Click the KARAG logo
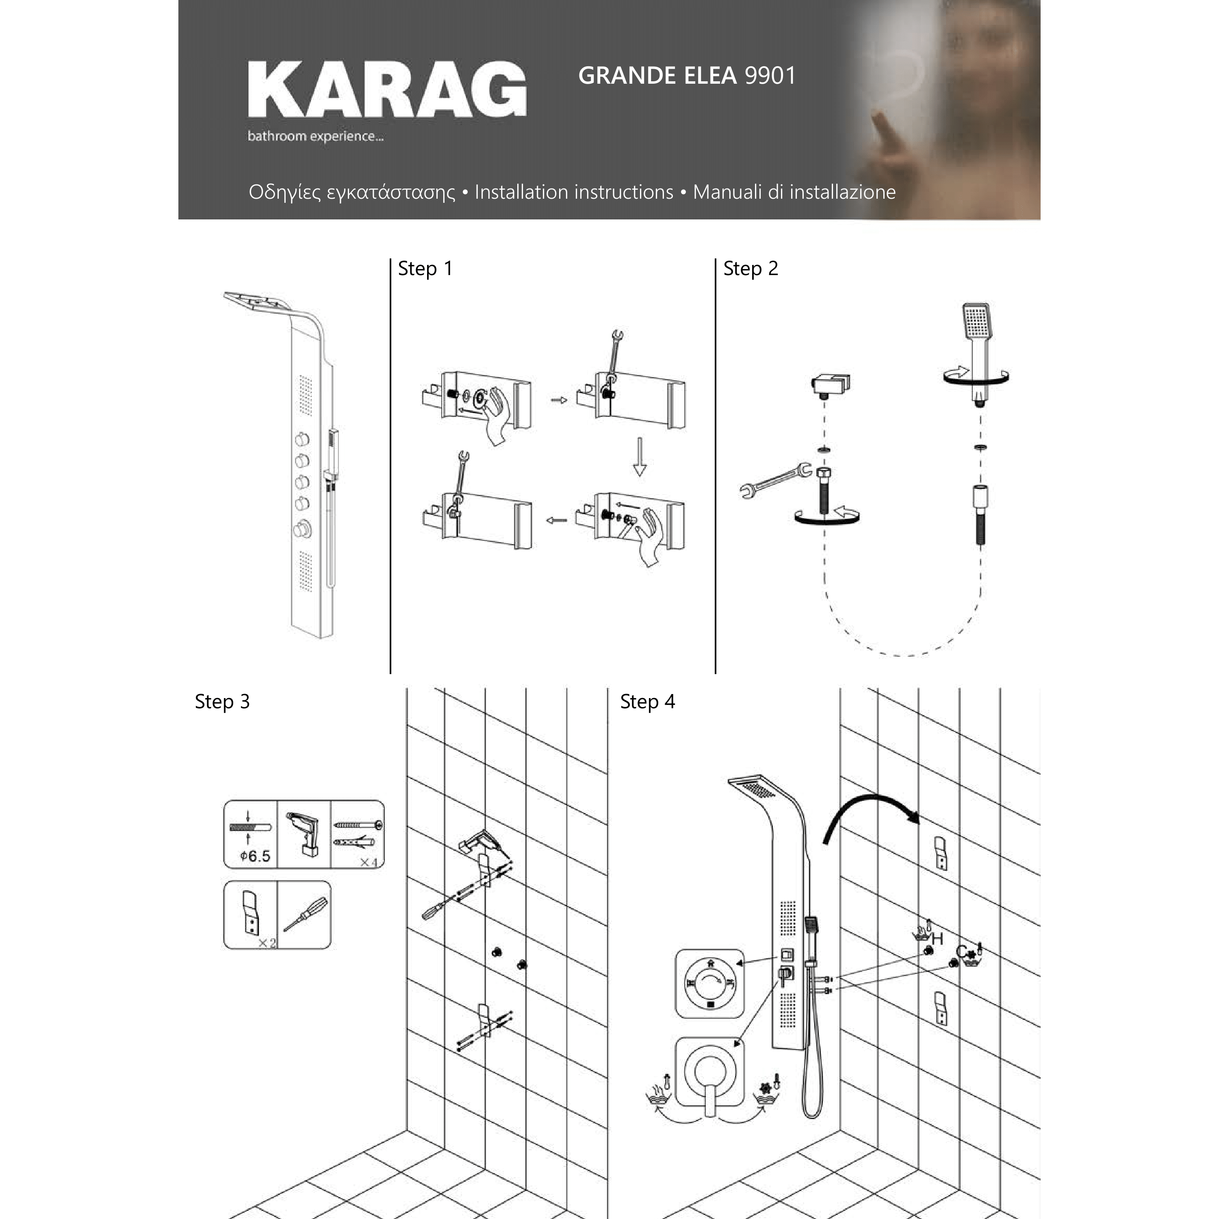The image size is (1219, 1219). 387,89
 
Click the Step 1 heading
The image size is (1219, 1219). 425,269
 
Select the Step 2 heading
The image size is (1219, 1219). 751,269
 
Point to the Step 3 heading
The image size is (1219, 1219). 222,702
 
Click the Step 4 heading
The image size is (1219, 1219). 647,702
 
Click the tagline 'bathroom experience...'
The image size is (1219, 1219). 315,136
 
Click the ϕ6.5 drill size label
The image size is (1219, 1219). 255,856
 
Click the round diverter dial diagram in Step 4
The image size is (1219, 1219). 710,983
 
